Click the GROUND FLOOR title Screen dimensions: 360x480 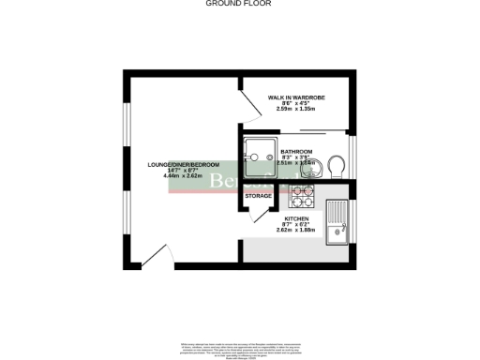239,4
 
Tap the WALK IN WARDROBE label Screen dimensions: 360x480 296,97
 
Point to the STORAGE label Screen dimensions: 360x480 259,196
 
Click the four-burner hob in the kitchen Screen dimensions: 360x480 303,197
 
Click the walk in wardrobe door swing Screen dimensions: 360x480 251,109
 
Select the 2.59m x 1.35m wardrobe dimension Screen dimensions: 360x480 296,109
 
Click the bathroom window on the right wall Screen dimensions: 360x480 352,155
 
